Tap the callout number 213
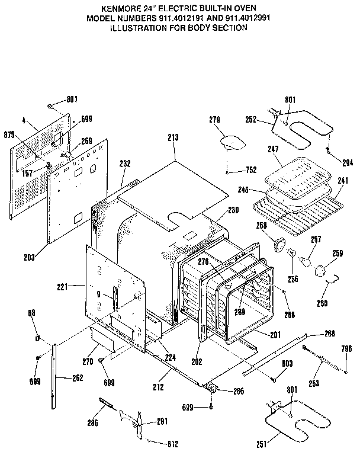(x=173, y=138)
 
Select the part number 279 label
(x=214, y=120)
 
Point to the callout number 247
(x=272, y=150)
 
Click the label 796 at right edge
(x=348, y=348)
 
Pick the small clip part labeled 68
(x=37, y=338)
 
